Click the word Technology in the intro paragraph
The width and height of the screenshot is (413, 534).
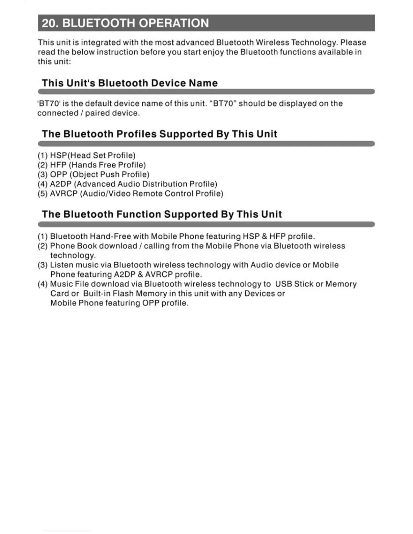(x=313, y=42)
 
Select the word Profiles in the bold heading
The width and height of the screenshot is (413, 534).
(x=136, y=134)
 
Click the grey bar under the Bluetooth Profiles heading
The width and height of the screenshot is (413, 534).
(x=206, y=144)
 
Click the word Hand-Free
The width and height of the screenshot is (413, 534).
(x=110, y=236)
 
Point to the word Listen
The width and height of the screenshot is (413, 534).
(x=61, y=265)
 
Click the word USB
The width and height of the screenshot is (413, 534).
(x=283, y=284)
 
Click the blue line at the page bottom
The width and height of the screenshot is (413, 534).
(x=67, y=531)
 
